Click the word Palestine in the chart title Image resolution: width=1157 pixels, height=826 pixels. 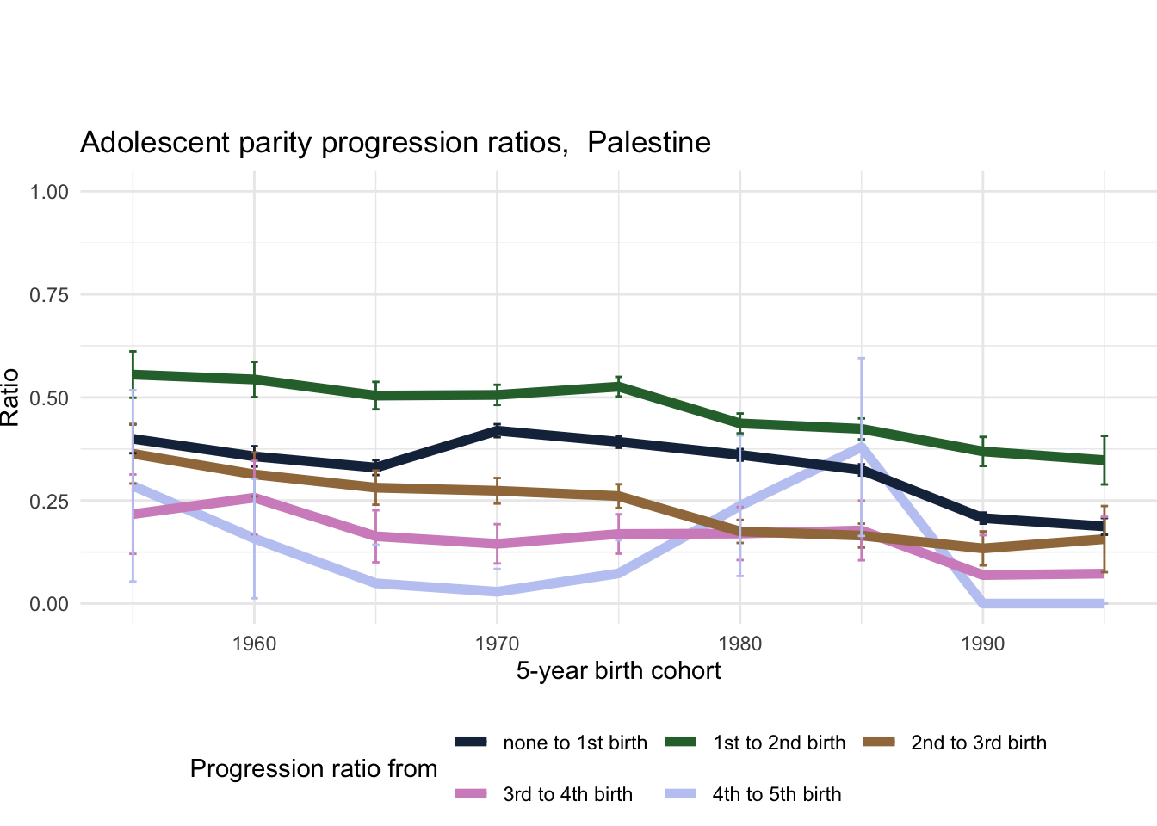[649, 142]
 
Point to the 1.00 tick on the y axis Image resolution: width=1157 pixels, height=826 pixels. [49, 191]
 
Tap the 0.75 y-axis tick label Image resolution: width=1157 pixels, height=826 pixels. [49, 294]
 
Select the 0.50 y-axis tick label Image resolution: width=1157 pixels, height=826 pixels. [49, 398]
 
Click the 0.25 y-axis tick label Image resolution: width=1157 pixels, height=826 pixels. [49, 501]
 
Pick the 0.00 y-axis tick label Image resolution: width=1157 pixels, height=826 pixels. [49, 604]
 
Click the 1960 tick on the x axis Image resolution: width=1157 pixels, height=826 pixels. [254, 644]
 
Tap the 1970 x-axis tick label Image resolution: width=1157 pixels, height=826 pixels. [497, 644]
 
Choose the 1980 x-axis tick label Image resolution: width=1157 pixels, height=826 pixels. [739, 644]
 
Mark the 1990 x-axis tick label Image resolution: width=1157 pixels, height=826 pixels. [982, 644]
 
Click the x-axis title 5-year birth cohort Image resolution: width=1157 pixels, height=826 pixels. [618, 671]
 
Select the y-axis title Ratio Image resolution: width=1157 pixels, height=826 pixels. [10, 398]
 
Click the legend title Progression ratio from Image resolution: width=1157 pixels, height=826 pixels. [313, 768]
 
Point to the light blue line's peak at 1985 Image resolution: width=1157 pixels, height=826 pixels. [861, 446]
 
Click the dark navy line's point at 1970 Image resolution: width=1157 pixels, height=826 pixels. [497, 430]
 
